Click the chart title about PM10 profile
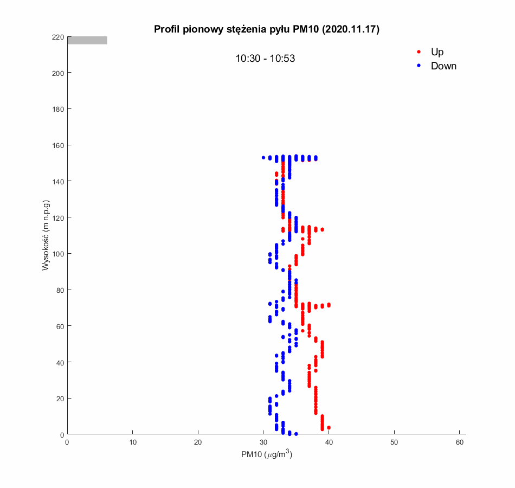click(267, 29)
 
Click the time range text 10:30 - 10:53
click(265, 59)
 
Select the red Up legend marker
click(419, 52)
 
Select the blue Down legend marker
click(419, 66)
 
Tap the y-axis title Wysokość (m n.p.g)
click(46, 235)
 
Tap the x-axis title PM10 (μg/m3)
click(267, 455)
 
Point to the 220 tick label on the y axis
click(57, 37)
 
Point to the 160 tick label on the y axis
click(57, 145)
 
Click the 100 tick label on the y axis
click(57, 254)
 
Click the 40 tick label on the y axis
click(59, 362)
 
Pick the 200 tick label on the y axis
click(57, 73)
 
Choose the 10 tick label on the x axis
click(132, 442)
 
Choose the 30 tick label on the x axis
click(263, 442)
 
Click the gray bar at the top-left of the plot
click(87, 40)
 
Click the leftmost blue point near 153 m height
click(263, 158)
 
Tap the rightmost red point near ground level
click(329, 428)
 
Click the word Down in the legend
click(443, 66)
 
